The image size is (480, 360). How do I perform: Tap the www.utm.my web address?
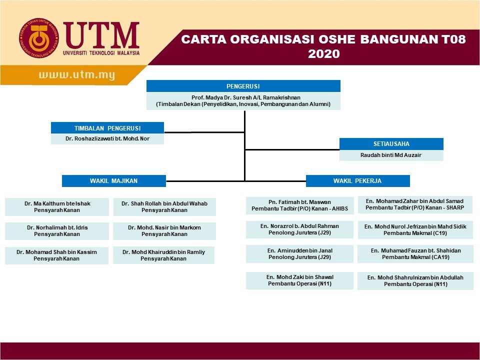tap(77, 75)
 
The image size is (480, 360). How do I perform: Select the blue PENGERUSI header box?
tap(243, 86)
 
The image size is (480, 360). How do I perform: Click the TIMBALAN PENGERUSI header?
tap(107, 128)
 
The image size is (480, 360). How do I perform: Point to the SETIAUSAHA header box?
tap(391, 144)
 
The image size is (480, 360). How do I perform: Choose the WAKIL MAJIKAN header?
tap(113, 180)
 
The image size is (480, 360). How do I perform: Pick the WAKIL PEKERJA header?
tap(357, 180)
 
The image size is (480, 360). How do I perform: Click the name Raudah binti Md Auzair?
tap(391, 155)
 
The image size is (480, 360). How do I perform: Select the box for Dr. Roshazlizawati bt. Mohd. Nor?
tap(107, 138)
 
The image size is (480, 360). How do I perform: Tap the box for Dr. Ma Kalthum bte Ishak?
tap(57, 206)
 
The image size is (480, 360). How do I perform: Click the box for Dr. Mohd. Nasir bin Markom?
tap(164, 230)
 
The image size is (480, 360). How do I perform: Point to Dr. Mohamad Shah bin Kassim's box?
tap(56, 255)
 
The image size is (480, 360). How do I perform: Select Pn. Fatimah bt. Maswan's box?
tap(299, 205)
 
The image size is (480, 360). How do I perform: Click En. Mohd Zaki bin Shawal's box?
tap(299, 280)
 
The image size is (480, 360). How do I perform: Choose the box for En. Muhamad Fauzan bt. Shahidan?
tap(415, 253)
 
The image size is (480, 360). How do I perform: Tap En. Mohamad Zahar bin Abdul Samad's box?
tap(415, 204)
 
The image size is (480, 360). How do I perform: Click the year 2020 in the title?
tap(323, 54)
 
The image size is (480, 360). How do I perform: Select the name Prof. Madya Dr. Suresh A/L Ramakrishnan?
tap(243, 97)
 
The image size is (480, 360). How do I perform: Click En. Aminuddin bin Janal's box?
tap(299, 253)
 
